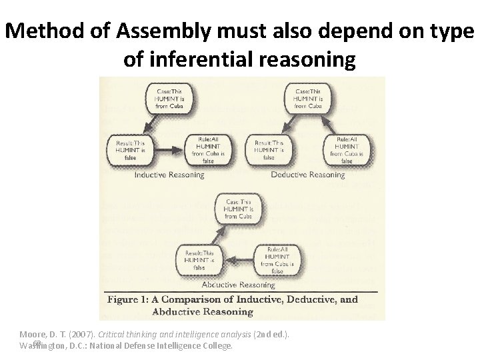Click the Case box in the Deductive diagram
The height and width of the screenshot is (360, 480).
(x=307, y=99)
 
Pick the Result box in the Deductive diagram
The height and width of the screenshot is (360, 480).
(x=269, y=149)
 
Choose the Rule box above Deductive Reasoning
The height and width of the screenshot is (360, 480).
(x=346, y=149)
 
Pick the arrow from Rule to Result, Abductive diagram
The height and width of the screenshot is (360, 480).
(x=239, y=258)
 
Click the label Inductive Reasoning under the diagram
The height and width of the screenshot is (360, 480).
(x=169, y=175)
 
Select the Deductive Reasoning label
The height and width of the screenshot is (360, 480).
(x=308, y=175)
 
